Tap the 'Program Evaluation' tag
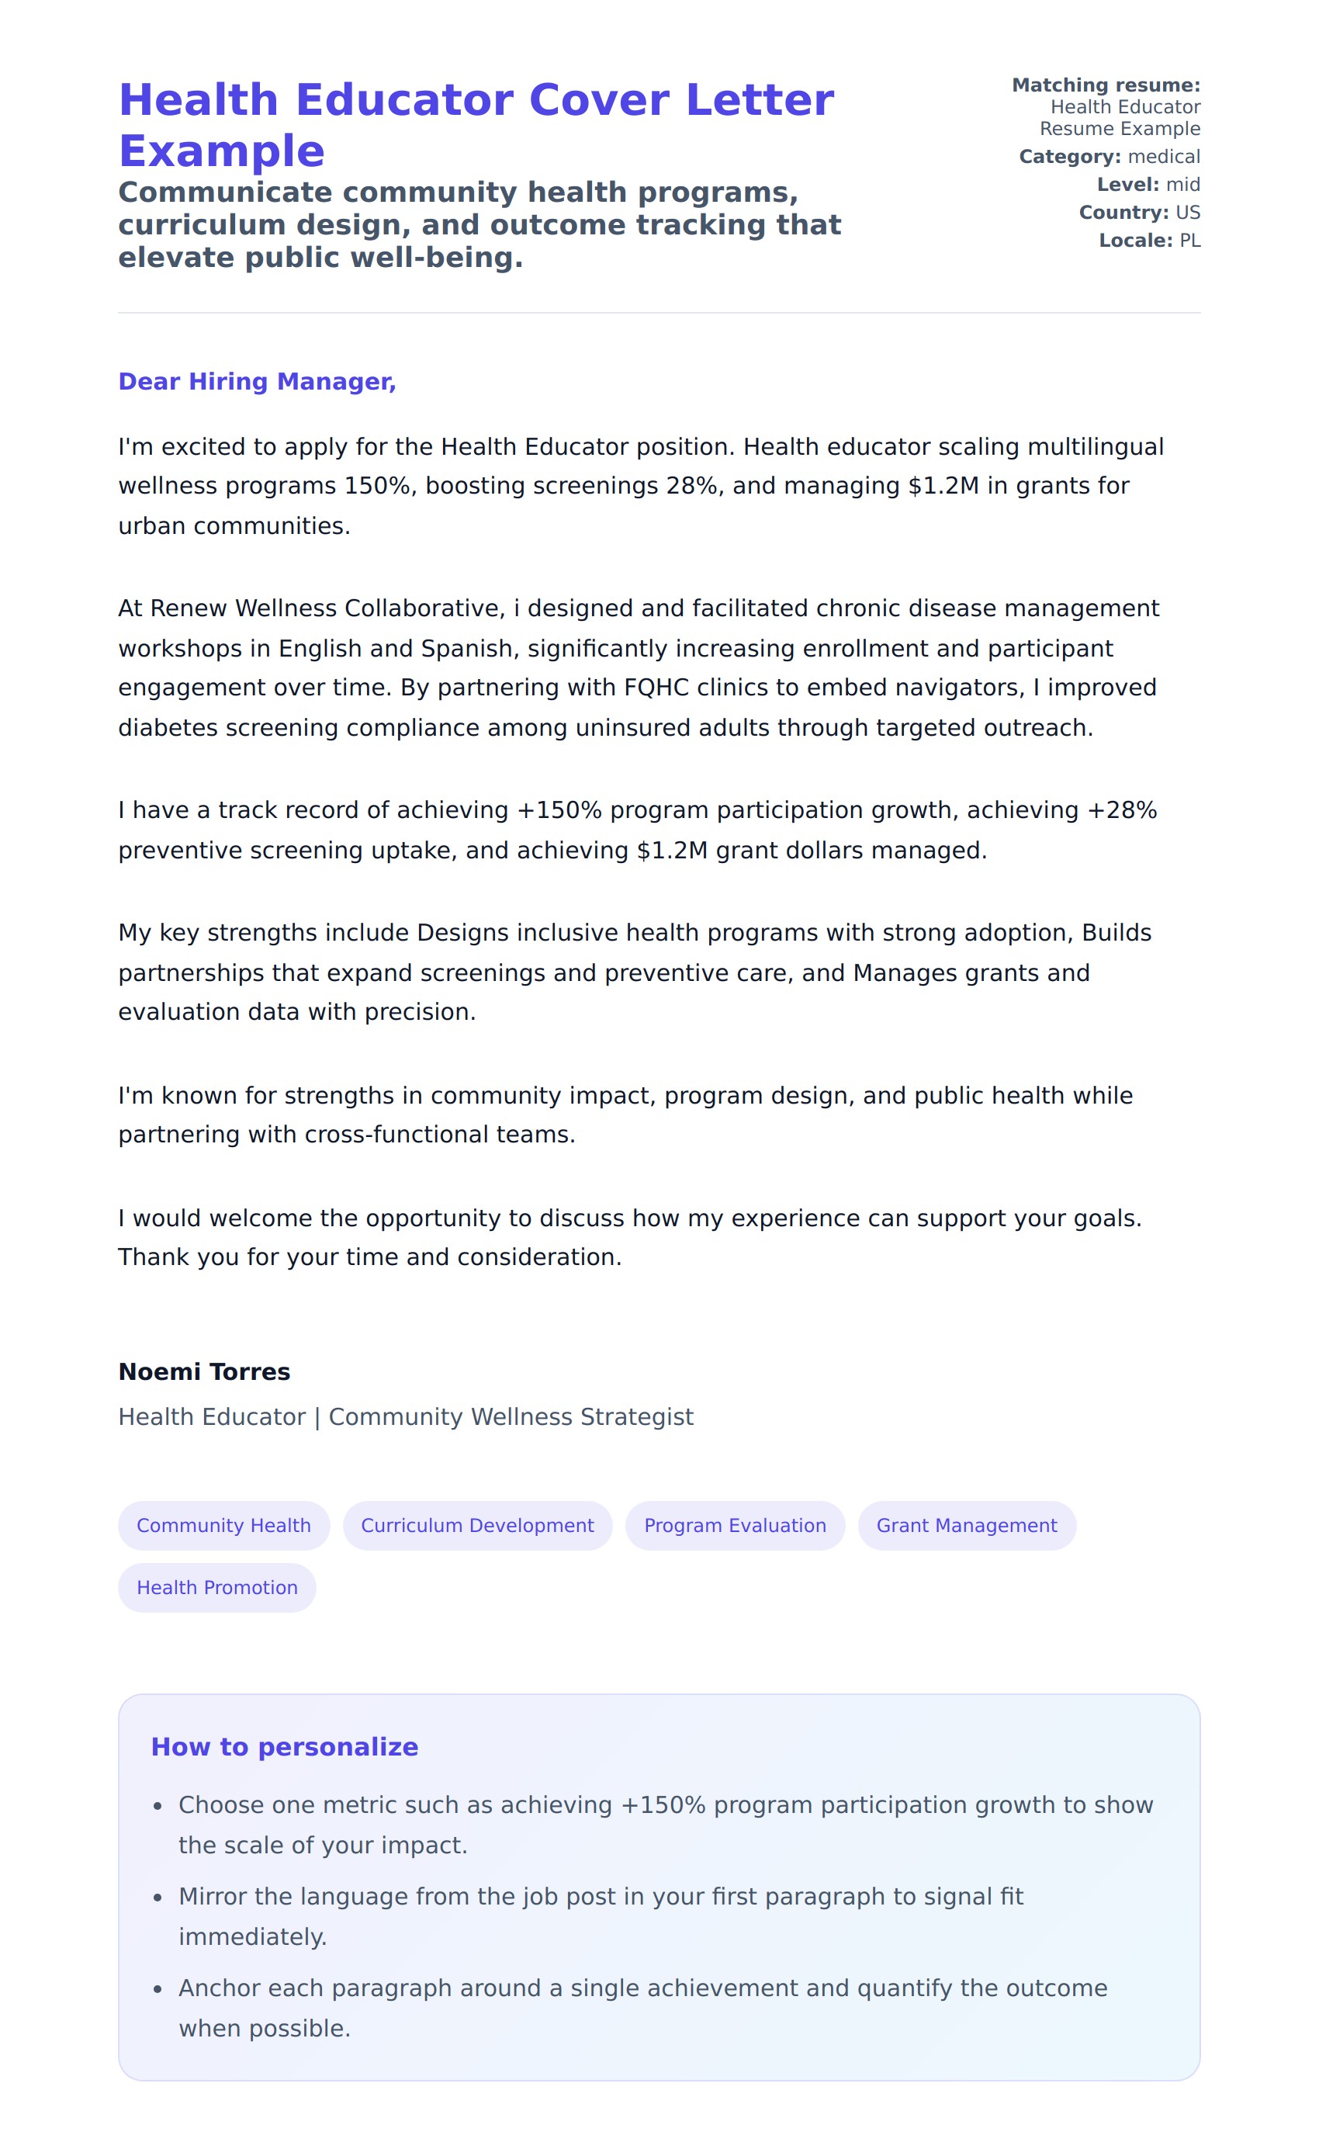(735, 1525)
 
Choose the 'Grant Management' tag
(967, 1525)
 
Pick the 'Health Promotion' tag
(217, 1587)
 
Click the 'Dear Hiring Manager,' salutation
(257, 382)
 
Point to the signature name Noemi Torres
(204, 1371)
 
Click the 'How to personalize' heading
(284, 1746)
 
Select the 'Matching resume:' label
(1106, 85)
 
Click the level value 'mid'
(1182, 185)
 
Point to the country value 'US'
(1188, 213)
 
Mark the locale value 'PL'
(1189, 241)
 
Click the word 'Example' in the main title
(221, 151)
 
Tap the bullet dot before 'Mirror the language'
(158, 1898)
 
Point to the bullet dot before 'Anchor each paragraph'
(158, 1989)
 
